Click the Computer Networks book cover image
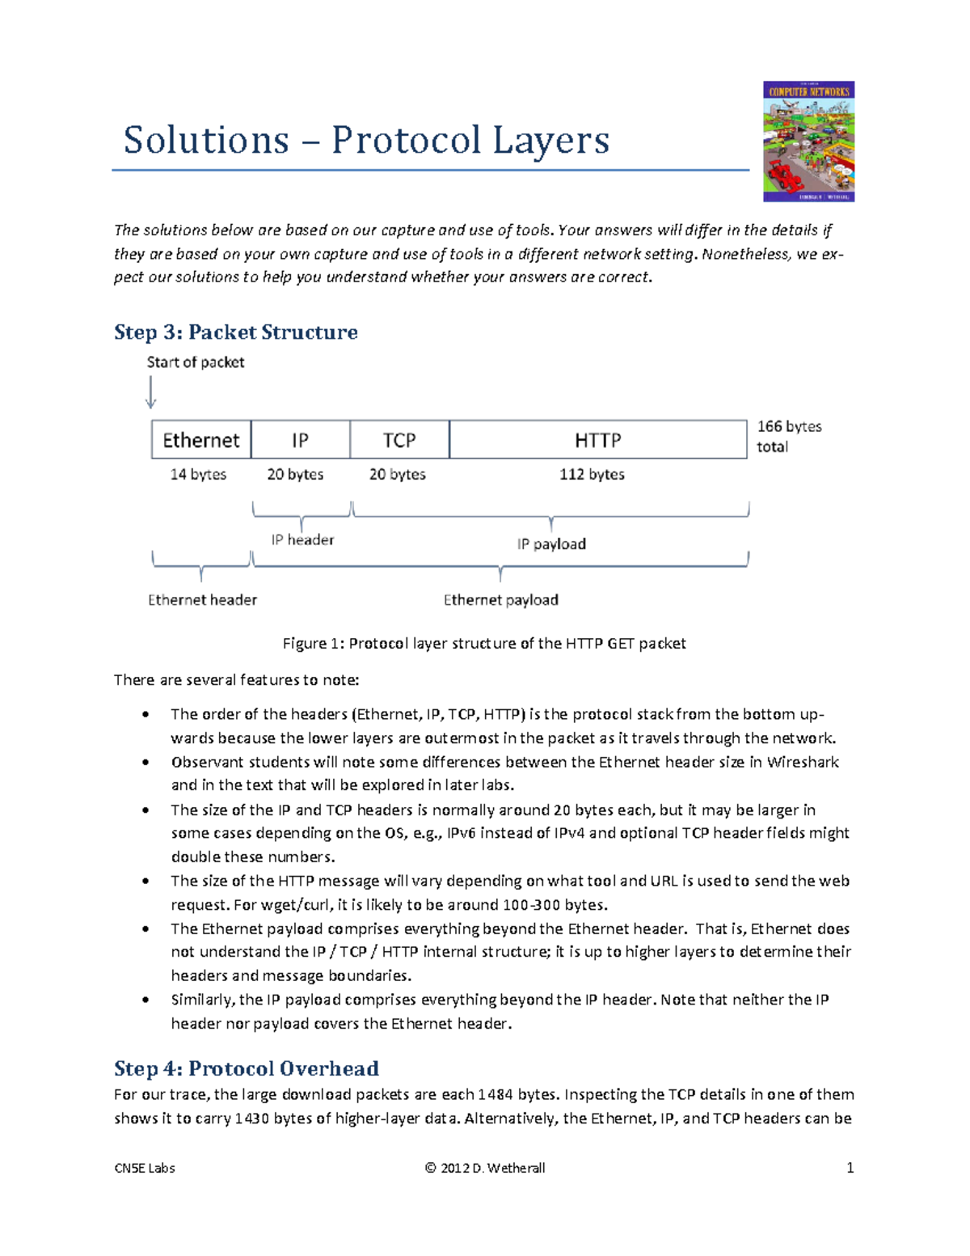[x=808, y=141]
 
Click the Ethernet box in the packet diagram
[x=201, y=440]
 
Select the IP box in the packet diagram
[x=300, y=440]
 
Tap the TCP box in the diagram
[x=399, y=440]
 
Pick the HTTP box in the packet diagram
[x=598, y=440]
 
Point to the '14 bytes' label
[x=198, y=475]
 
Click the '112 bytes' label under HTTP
[x=592, y=475]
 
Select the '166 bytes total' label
[x=788, y=436]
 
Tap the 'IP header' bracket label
[x=302, y=539]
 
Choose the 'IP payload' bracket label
[x=551, y=544]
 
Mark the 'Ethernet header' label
[x=202, y=600]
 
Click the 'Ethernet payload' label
[x=500, y=600]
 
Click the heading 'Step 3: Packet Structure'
[x=235, y=332]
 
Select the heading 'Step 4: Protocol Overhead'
[x=246, y=1068]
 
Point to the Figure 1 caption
[x=483, y=644]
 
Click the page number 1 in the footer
[x=850, y=1168]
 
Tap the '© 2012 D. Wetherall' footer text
[x=484, y=1168]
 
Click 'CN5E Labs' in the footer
[x=145, y=1168]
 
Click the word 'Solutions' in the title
[x=206, y=140]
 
